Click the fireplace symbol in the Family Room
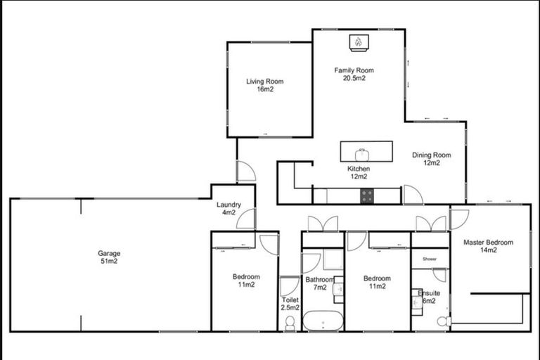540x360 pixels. click(x=357, y=42)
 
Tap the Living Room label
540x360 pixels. click(x=264, y=85)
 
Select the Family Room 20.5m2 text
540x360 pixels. click(x=354, y=74)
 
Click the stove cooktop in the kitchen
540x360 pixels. click(x=367, y=196)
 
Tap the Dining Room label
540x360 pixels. click(x=431, y=159)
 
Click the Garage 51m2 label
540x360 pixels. click(x=109, y=257)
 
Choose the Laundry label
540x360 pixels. click(x=229, y=209)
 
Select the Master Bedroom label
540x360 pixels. click(x=488, y=246)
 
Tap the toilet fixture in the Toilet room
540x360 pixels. click(x=290, y=323)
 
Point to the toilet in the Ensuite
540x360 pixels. click(x=442, y=321)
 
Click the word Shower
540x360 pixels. click(x=430, y=259)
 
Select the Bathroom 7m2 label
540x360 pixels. click(x=319, y=283)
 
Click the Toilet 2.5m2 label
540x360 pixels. click(x=290, y=304)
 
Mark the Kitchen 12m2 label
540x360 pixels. click(x=359, y=173)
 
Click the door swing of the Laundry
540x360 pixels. click(x=245, y=219)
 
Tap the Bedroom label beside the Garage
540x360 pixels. click(x=246, y=281)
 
